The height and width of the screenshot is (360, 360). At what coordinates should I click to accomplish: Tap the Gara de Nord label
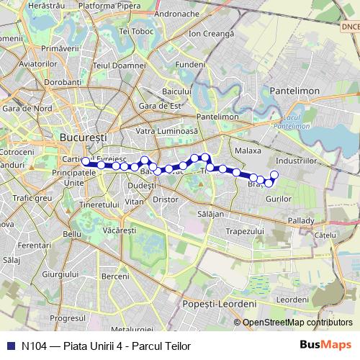tap(26, 108)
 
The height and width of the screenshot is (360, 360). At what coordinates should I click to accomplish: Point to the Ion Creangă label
tap(211, 34)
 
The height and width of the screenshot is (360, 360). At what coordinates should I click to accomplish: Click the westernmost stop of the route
tap(86, 161)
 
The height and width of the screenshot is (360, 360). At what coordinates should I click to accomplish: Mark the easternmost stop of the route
tap(274, 174)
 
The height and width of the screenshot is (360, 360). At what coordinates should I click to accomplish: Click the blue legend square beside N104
tap(9, 346)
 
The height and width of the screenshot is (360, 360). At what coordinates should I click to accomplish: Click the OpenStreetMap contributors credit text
tap(297, 322)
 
